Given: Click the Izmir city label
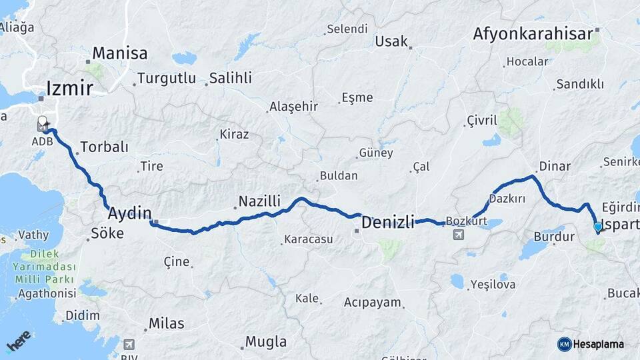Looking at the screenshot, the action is point(69,87).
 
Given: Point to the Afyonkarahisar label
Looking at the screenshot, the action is point(533,34).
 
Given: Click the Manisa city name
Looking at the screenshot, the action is point(119,53).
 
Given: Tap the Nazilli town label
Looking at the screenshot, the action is point(259,201).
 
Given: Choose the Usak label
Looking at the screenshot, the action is point(391,41).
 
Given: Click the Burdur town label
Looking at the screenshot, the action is point(553,237).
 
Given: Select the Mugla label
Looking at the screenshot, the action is point(266,342).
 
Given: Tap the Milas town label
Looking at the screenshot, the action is point(166,323).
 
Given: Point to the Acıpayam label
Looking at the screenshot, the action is point(373,303).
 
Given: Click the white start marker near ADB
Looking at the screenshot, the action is point(43,122).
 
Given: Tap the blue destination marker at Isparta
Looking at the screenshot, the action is point(598,227).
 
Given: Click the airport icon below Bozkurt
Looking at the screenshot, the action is point(459,235).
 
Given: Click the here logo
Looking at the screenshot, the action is point(19,341).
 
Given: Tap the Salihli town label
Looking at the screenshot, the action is point(230,78).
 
